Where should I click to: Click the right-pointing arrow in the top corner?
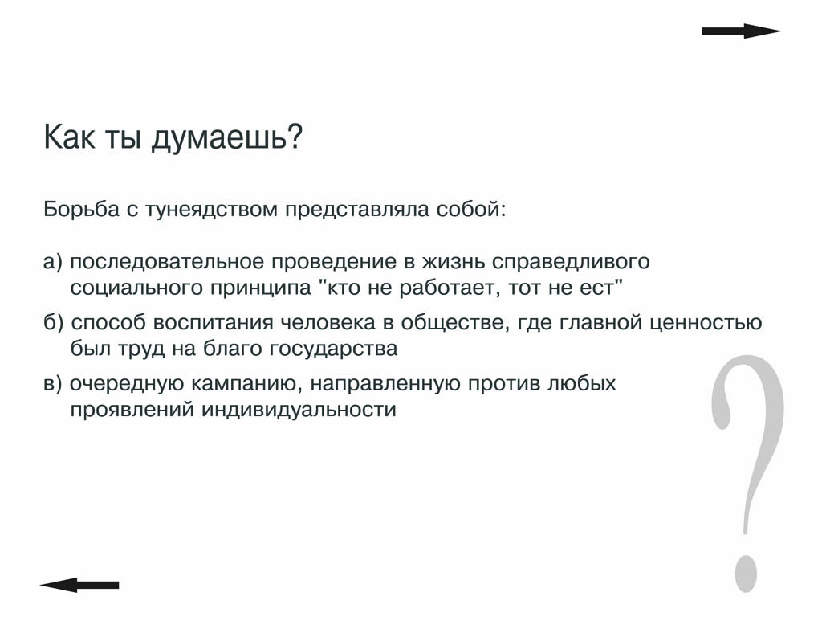(741, 31)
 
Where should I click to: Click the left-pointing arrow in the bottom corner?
(79, 585)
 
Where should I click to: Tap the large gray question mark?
(748, 473)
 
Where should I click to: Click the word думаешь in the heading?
(222, 137)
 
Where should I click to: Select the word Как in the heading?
(69, 137)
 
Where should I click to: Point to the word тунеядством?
(211, 210)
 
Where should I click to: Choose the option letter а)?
(53, 262)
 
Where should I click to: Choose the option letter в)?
(53, 383)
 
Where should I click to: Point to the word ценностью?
(706, 323)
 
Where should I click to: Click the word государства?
(333, 349)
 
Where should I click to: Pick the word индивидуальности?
(299, 410)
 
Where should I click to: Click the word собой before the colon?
(468, 209)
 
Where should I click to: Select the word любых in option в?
(581, 383)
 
